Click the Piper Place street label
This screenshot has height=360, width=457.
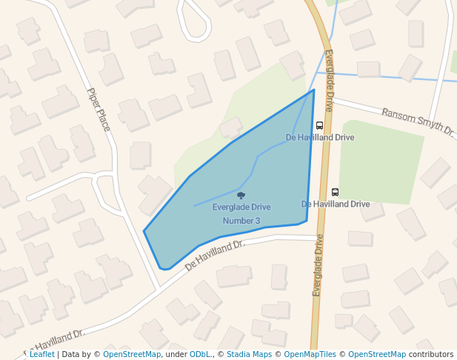click(x=99, y=110)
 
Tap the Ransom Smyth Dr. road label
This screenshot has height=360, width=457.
click(x=418, y=121)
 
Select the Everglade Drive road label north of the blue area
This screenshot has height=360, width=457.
click(x=329, y=81)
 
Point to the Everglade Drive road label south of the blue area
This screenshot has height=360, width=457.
click(x=318, y=265)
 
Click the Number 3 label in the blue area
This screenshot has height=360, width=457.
click(x=241, y=221)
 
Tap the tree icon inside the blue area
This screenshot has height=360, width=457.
click(x=241, y=196)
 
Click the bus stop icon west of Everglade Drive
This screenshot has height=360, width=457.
click(x=319, y=125)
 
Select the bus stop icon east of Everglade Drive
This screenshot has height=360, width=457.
click(x=335, y=192)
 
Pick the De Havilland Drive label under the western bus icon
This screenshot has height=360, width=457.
click(x=320, y=138)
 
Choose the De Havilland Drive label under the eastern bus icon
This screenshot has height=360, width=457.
click(x=336, y=204)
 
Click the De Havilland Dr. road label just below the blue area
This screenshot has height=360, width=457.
click(x=215, y=254)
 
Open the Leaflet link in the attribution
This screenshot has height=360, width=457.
click(x=41, y=355)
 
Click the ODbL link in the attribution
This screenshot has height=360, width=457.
click(x=200, y=355)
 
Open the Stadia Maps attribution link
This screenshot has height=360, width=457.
click(x=249, y=355)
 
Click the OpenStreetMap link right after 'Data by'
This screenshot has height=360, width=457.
click(x=132, y=355)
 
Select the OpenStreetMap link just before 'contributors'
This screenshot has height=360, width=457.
click(x=377, y=355)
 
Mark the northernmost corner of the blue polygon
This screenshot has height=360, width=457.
click(x=314, y=90)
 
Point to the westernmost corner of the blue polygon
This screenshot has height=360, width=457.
click(x=144, y=232)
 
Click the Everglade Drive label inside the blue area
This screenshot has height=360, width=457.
click(x=241, y=207)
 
